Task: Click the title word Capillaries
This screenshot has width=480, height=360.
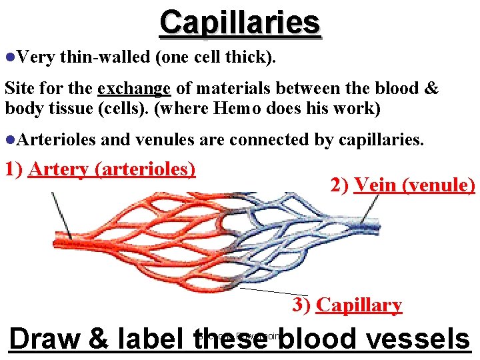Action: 240,22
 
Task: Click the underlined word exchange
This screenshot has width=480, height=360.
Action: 134,89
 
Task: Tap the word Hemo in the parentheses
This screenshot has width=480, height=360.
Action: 235,108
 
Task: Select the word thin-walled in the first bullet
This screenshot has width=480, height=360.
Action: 105,58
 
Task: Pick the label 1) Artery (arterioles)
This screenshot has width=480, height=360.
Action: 100,169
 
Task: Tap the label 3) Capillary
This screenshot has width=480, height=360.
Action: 347,305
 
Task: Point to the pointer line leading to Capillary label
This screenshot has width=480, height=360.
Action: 267,291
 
